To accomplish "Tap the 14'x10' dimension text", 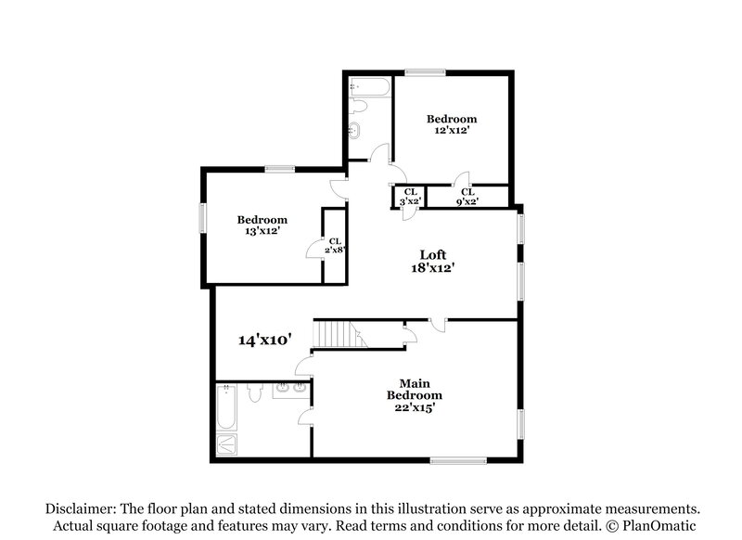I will point(265,341).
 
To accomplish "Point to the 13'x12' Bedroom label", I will point(262,226).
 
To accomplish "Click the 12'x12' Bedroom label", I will point(452,125).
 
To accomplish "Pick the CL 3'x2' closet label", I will point(410,196).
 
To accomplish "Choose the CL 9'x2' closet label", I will point(467,196).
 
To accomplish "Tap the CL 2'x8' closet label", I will point(335,245).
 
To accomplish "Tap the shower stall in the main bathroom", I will point(226,445).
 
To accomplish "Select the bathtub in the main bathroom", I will point(226,408).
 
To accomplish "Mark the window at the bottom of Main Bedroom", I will point(458,458).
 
